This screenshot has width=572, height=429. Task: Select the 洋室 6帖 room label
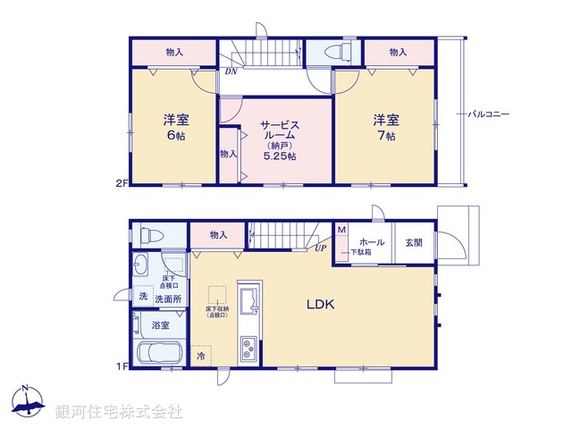click(x=174, y=126)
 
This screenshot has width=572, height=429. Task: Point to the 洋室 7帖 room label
click(x=385, y=126)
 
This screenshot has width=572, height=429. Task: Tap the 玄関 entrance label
click(x=415, y=242)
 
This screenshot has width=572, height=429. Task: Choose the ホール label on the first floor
click(x=371, y=242)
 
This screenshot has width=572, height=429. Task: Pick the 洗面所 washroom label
click(x=167, y=298)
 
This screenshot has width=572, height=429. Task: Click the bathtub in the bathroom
click(x=160, y=356)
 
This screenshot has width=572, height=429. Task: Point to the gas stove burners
click(x=248, y=347)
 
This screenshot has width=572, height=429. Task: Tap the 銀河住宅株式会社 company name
click(x=119, y=412)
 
